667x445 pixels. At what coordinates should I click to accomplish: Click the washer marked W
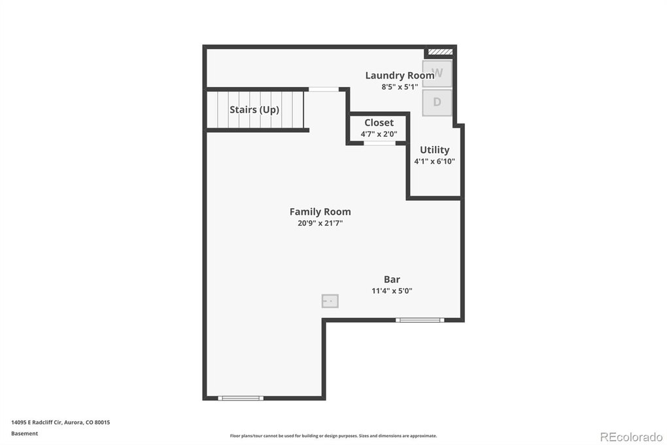tap(437, 74)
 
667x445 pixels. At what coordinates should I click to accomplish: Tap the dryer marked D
tap(437, 103)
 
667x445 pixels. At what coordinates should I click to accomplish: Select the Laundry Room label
tap(400, 76)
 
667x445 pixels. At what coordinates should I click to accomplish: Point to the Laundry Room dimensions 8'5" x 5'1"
tap(400, 87)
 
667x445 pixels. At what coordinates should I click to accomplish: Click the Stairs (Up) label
tap(254, 110)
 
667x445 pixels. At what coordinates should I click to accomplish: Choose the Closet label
tap(379, 122)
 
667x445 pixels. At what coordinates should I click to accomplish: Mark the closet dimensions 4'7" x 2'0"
tap(379, 134)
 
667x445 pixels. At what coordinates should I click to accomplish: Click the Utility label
tap(435, 151)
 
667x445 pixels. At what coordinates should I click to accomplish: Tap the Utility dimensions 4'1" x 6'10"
tap(435, 162)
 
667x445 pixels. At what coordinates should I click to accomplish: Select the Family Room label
tap(320, 211)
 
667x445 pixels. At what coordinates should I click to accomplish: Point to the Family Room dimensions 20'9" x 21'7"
tap(320, 223)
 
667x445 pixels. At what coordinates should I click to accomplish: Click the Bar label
tap(392, 279)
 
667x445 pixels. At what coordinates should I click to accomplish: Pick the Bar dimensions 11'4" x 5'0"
tap(392, 291)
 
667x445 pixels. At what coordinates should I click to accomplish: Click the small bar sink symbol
tap(330, 301)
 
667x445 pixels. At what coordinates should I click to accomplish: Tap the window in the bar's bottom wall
tap(420, 320)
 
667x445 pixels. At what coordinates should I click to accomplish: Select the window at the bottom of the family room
tap(241, 398)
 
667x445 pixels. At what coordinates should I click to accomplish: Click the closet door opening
tap(379, 143)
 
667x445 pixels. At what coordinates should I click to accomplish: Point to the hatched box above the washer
tap(440, 52)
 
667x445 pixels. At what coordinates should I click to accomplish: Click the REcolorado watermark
tap(631, 437)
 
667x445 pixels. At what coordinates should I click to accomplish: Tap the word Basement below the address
tap(25, 433)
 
